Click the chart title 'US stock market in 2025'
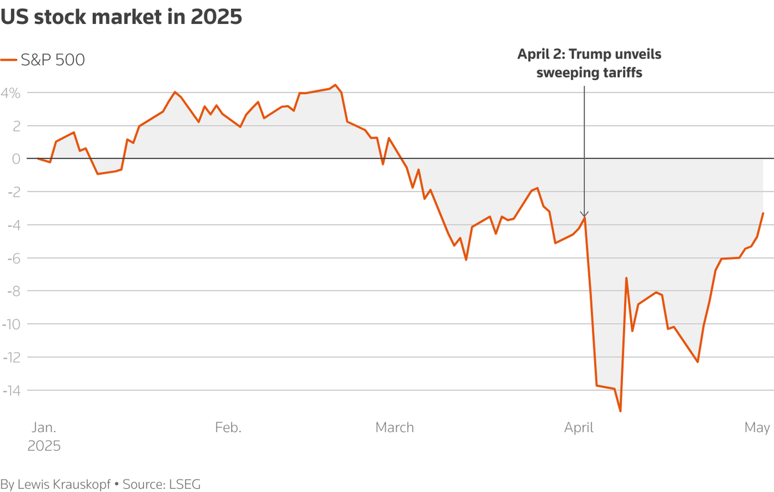121,17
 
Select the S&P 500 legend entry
52,60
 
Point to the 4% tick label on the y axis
11,93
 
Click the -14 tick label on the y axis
11,390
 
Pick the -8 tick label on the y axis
12,291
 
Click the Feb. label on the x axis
228,428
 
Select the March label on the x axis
394,428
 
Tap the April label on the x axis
579,428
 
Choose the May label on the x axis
757,428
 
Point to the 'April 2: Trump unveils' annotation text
589,54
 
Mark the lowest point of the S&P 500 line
620,411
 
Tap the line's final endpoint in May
763,213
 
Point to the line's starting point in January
38,159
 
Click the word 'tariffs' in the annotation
620,73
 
